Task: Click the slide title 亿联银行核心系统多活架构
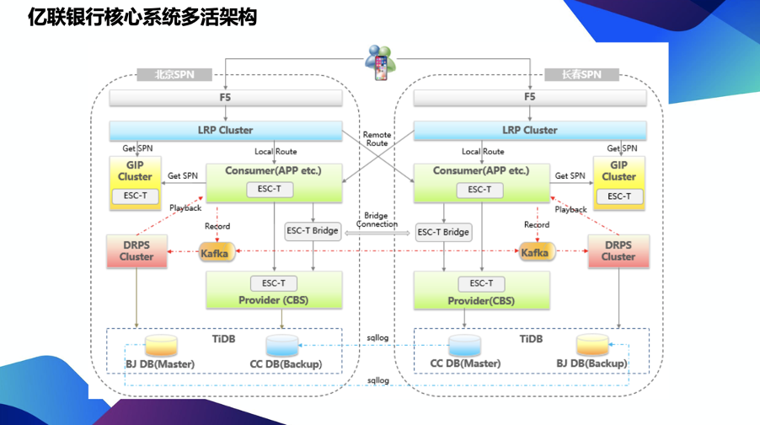pyautogui.click(x=142, y=18)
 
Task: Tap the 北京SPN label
pyautogui.click(x=174, y=74)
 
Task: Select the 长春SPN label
pyautogui.click(x=581, y=74)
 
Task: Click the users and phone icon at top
pyautogui.click(x=380, y=61)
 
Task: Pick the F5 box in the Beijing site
pyautogui.click(x=225, y=98)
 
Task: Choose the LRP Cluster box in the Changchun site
pyautogui.click(x=529, y=131)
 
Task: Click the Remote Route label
pyautogui.click(x=377, y=139)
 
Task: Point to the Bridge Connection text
pyautogui.click(x=377, y=220)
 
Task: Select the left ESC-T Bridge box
pyautogui.click(x=313, y=231)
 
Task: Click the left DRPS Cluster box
pyautogui.click(x=136, y=251)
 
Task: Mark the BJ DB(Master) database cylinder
pyautogui.click(x=161, y=345)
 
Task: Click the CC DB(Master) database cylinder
pyautogui.click(x=464, y=345)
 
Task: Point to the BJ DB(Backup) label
pyautogui.click(x=591, y=363)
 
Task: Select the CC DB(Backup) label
pyautogui.click(x=286, y=364)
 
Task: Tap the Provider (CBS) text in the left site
pyautogui.click(x=273, y=300)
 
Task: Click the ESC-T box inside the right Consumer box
pyautogui.click(x=479, y=190)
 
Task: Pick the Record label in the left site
pyautogui.click(x=217, y=226)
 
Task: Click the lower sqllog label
pyautogui.click(x=377, y=381)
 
